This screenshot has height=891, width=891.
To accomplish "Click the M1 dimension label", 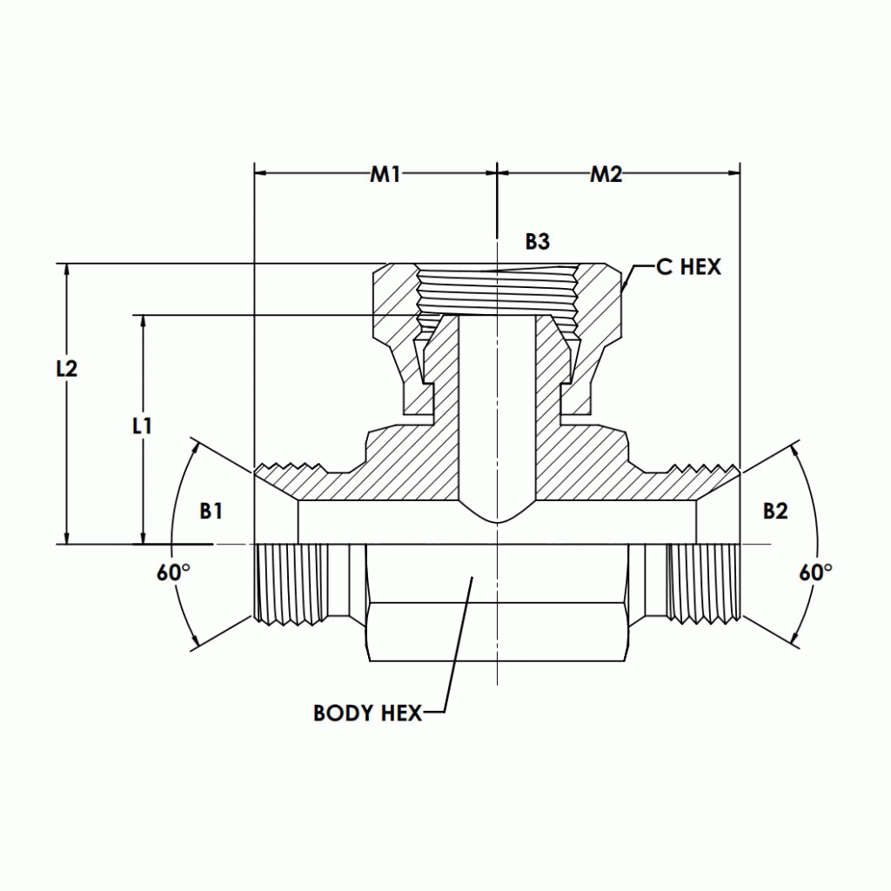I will click(x=385, y=174).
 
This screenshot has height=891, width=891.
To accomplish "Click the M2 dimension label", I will click(x=606, y=174).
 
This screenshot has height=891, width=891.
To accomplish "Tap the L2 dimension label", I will click(x=66, y=368).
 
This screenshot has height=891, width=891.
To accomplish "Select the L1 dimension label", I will click(x=142, y=425).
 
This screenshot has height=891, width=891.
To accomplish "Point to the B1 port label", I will click(x=211, y=511).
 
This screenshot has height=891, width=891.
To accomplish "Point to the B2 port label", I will click(x=774, y=511).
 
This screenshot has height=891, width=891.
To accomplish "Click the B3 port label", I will click(x=537, y=242).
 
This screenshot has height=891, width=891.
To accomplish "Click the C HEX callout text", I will click(x=688, y=267).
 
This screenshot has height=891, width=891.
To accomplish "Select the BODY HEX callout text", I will click(x=367, y=713).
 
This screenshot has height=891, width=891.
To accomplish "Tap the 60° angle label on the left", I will click(x=173, y=573).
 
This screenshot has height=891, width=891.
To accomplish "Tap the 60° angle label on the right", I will click(x=815, y=573).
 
